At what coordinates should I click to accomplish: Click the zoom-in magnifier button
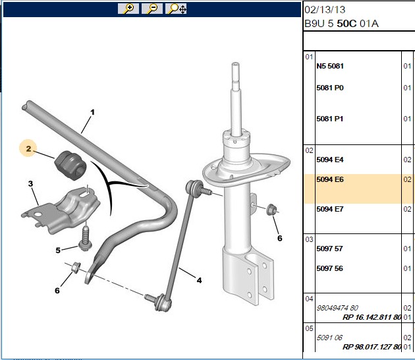[x=128, y=9]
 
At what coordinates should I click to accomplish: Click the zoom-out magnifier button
[x=152, y=9]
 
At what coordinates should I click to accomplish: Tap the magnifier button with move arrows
[x=176, y=9]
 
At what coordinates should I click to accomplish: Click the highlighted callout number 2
[x=28, y=148]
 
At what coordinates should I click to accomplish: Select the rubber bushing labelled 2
[x=70, y=165]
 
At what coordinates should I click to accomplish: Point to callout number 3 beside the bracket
[x=31, y=183]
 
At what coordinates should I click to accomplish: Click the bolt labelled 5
[x=85, y=239]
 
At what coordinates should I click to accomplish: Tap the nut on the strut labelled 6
[x=271, y=210]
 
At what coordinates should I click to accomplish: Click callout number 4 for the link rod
[x=199, y=280]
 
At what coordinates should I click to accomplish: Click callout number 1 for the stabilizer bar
[x=92, y=112]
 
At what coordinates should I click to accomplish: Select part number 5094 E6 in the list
[x=330, y=179]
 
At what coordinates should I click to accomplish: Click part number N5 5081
[x=330, y=66]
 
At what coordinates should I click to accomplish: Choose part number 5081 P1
[x=330, y=119]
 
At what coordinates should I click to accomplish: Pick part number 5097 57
[x=329, y=249]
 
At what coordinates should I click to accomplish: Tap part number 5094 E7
[x=330, y=209]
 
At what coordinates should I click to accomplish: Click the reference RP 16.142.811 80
[x=372, y=317]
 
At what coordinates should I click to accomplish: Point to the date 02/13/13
[x=325, y=10]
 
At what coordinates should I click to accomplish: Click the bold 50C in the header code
[x=346, y=24]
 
